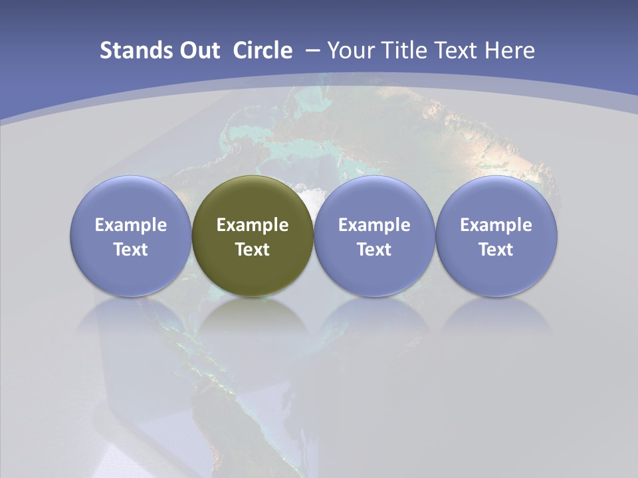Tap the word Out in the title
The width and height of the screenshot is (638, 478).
pyautogui.click(x=198, y=50)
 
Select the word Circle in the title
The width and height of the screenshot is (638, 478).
pyautogui.click(x=263, y=50)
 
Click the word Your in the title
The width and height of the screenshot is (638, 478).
pyautogui.click(x=350, y=50)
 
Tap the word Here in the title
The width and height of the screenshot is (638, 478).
pyautogui.click(x=510, y=50)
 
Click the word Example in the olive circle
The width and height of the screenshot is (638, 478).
pyautogui.click(x=253, y=225)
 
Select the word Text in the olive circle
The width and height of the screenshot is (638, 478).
pyautogui.click(x=253, y=250)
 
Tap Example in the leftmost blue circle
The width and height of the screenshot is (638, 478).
pyautogui.click(x=131, y=225)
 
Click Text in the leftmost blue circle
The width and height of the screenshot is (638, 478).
pyautogui.click(x=131, y=250)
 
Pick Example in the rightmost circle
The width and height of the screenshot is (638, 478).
pyautogui.click(x=496, y=225)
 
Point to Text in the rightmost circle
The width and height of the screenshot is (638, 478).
pyautogui.click(x=496, y=250)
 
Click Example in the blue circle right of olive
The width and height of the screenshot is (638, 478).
pyautogui.click(x=374, y=225)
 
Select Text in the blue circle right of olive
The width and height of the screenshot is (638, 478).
pyautogui.click(x=374, y=250)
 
